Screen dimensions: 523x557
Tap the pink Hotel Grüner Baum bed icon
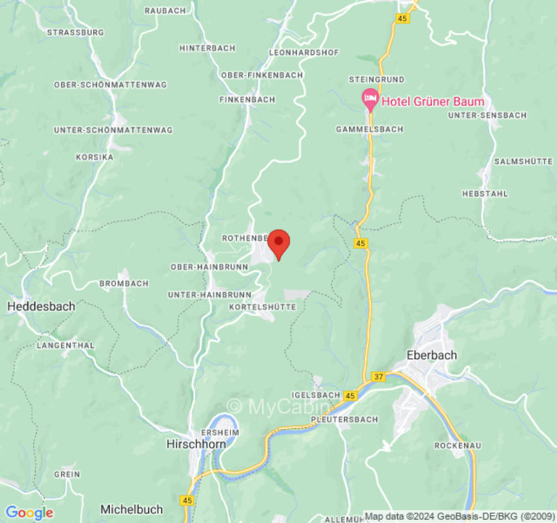(370, 100)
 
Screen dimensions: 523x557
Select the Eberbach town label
(431, 355)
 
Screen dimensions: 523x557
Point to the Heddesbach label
(41, 306)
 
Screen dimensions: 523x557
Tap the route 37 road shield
(378, 377)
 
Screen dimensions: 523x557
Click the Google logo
(29, 513)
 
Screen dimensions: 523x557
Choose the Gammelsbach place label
(369, 129)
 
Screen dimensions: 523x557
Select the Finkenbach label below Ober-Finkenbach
(247, 99)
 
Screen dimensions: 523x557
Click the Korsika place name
(95, 158)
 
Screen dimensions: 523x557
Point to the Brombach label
(123, 284)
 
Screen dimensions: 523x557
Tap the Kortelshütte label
(263, 307)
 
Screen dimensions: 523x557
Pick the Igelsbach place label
(317, 395)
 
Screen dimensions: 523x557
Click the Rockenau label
(458, 445)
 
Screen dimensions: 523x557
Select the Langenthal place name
(66, 345)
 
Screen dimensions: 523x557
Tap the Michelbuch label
(131, 509)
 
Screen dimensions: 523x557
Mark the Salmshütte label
(523, 161)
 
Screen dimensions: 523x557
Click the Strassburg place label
(76, 31)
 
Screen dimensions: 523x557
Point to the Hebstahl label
(485, 194)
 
